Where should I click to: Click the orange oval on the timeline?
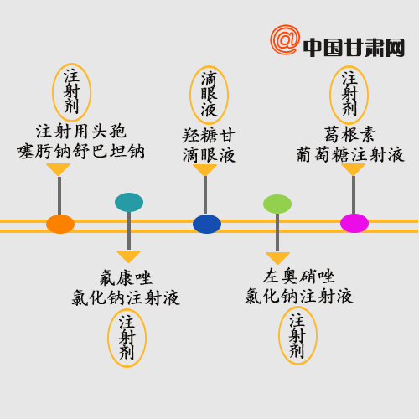click(60, 224)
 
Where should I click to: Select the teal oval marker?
click(129, 202)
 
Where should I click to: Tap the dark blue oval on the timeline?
click(207, 224)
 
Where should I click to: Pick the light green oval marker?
click(277, 204)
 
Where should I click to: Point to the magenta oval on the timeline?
click(354, 223)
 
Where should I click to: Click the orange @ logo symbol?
click(285, 39)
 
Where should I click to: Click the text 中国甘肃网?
click(354, 48)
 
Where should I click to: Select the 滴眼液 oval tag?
click(209, 95)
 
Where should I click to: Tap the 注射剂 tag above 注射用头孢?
click(72, 92)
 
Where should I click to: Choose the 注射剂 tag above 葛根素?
click(349, 95)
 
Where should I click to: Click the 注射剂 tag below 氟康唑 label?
click(127, 338)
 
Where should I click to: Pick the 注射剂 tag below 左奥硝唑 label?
click(297, 335)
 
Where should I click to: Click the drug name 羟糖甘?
click(209, 136)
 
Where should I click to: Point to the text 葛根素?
click(350, 134)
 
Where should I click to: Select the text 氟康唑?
click(126, 277)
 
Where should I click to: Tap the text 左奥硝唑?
click(299, 276)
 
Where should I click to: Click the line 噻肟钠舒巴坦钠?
click(80, 152)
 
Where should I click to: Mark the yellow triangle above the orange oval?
click(59, 169)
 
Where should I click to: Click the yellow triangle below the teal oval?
click(128, 256)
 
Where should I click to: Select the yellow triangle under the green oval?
click(277, 258)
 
